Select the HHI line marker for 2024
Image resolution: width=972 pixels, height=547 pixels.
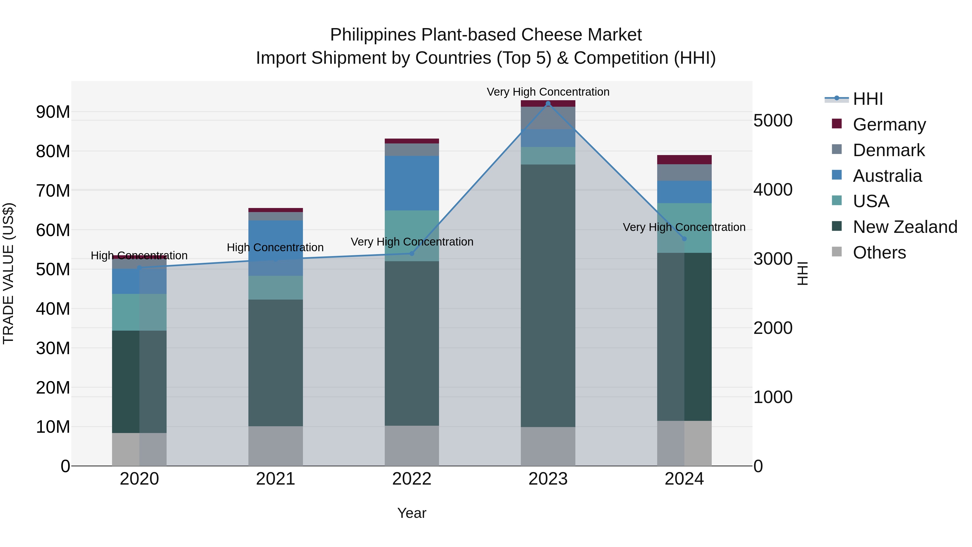pos(684,239)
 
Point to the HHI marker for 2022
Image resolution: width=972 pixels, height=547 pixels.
pos(412,253)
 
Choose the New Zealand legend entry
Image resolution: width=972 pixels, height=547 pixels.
pos(905,227)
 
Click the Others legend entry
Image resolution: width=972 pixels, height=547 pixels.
pos(879,253)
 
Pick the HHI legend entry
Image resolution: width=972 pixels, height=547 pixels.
pos(868,99)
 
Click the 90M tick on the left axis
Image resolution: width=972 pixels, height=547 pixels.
pos(53,112)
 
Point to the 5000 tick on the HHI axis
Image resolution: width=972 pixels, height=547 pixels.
pos(772,121)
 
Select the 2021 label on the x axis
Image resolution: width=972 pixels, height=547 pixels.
pos(275,479)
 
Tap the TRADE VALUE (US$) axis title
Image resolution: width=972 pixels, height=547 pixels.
pos(9,273)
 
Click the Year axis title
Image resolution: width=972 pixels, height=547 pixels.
pos(412,513)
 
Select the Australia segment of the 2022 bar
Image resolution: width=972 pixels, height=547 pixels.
pos(412,183)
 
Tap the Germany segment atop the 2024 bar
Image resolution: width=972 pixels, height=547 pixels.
pos(684,160)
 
